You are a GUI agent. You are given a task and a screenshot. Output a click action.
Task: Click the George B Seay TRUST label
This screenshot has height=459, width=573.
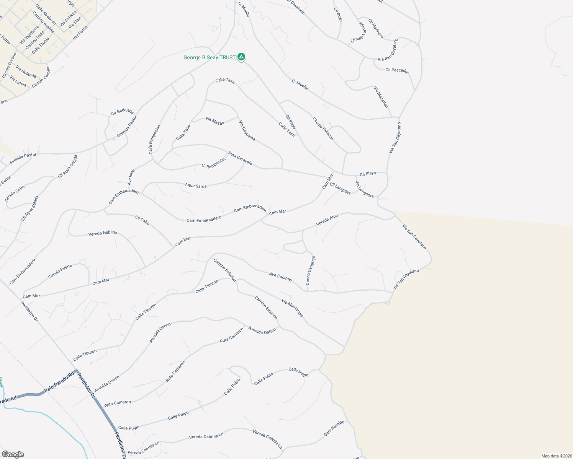pyautogui.click(x=209, y=58)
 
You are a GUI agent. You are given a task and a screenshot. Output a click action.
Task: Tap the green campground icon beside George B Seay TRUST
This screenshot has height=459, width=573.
pyautogui.click(x=241, y=57)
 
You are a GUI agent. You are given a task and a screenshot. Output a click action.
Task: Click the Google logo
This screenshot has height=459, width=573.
pyautogui.click(x=13, y=454)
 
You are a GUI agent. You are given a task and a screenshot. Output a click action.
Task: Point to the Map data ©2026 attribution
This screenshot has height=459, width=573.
pyautogui.click(x=556, y=456)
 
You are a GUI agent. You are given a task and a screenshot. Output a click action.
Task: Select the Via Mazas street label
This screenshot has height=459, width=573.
pyautogui.click(x=215, y=121)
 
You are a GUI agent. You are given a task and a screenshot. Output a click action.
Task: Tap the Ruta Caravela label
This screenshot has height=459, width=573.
pyautogui.click(x=240, y=159)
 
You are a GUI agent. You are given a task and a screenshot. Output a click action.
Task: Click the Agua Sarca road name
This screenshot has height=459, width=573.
pyautogui.click(x=196, y=186)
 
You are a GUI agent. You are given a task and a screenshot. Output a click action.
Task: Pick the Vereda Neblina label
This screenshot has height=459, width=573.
pyautogui.click(x=103, y=233)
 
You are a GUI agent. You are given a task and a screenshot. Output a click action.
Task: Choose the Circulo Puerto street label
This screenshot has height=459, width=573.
pyautogui.click(x=60, y=271)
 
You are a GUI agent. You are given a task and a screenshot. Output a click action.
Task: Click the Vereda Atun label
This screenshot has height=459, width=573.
pyautogui.click(x=327, y=220)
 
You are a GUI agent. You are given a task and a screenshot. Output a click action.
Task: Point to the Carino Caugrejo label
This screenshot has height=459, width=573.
pyautogui.click(x=310, y=271)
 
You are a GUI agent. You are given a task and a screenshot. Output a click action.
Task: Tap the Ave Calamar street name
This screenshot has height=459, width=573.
pyautogui.click(x=281, y=277)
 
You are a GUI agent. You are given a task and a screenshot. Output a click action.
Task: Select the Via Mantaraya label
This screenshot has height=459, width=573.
pyautogui.click(x=292, y=308)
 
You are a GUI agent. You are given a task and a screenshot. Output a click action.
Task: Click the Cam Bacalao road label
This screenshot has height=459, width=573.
pyautogui.click(x=334, y=428)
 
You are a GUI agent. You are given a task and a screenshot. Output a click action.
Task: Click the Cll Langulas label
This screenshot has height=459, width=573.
pyautogui.click(x=340, y=189)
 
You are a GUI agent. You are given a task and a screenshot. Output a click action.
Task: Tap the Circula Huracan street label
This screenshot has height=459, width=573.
pyautogui.click(x=323, y=129)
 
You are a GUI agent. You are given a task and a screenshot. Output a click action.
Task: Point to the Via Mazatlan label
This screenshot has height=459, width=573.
pyautogui.click(x=381, y=97)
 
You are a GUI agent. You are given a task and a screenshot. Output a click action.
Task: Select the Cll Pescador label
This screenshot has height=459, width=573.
pyautogui.click(x=397, y=70)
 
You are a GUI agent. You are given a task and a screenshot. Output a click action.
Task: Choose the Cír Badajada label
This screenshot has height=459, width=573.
pyautogui.click(x=122, y=111)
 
